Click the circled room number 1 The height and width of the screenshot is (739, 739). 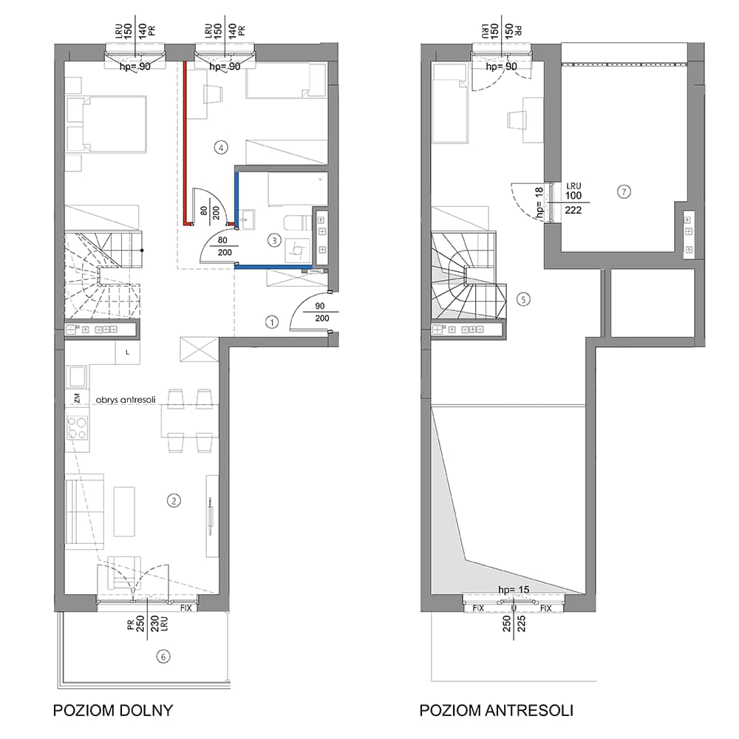click(271, 322)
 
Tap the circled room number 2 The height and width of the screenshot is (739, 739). click(174, 500)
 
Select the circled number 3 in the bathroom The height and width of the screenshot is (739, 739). click(274, 241)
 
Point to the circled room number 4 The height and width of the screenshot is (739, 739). click(220, 148)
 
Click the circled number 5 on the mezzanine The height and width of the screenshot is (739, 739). click(523, 299)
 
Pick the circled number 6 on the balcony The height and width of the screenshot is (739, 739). click(163, 656)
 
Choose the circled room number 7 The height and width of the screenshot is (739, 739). click(624, 192)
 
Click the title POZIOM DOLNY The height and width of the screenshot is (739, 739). click(113, 710)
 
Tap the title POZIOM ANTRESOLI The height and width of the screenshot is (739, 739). click(497, 710)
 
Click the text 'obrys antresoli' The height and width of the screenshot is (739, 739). click(126, 400)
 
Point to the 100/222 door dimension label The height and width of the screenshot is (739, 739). click(573, 202)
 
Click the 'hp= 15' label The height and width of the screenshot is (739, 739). click(514, 590)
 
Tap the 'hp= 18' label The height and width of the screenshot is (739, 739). click(539, 202)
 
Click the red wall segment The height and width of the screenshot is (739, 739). click(186, 144)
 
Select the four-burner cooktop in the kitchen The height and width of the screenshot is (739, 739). click(77, 427)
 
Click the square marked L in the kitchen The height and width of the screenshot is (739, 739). click(127, 353)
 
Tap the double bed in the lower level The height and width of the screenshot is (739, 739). click(106, 124)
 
